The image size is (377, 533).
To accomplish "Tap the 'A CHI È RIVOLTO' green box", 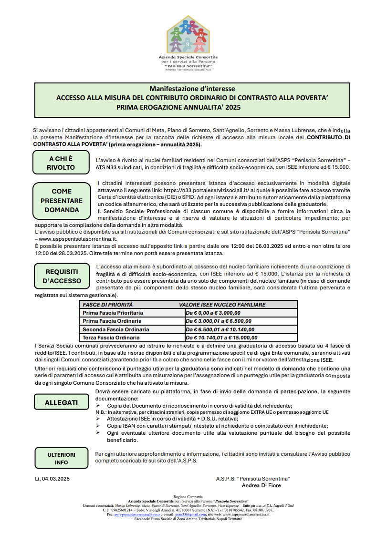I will (61, 163).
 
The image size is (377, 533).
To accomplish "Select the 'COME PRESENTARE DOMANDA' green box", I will (61, 201).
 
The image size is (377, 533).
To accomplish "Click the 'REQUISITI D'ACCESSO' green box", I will (62, 276).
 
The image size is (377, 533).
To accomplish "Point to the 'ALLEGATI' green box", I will (61, 402).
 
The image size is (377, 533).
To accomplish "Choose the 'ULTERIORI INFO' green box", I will (61, 459).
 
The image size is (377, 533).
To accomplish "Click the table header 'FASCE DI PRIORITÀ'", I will (108, 305).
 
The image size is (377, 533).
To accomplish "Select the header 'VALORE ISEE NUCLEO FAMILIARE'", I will (222, 305).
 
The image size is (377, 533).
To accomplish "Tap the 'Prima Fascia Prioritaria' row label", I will (113, 313).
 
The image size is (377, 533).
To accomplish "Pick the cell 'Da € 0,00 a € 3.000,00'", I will (213, 313).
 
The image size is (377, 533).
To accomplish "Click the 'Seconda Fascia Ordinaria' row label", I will (116, 329).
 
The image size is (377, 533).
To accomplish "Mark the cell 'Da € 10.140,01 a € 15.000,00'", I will (221, 338).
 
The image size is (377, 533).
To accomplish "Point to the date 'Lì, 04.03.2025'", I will (52, 478).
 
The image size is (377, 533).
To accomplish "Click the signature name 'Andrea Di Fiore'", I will (262, 485).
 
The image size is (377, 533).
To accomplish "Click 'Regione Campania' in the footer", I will (188, 497).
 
